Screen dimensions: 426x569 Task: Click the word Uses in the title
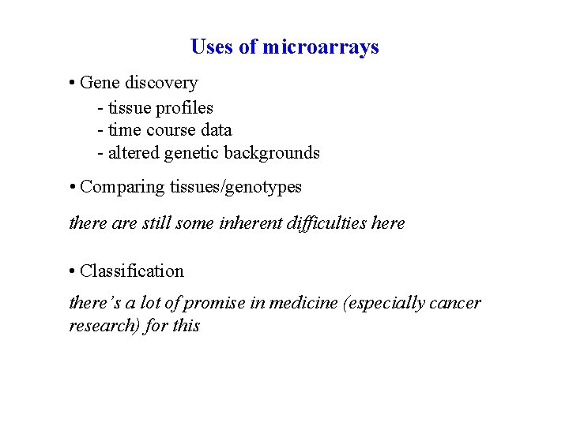pos(213,47)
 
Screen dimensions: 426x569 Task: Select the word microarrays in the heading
pos(320,47)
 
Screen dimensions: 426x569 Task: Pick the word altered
pos(134,153)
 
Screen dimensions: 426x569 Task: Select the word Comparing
pos(122,188)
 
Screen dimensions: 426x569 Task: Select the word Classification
pos(132,271)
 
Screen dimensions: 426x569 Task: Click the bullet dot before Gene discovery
pos(72,84)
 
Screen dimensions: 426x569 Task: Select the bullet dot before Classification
pos(72,272)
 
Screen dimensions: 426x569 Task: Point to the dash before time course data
pos(100,131)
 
